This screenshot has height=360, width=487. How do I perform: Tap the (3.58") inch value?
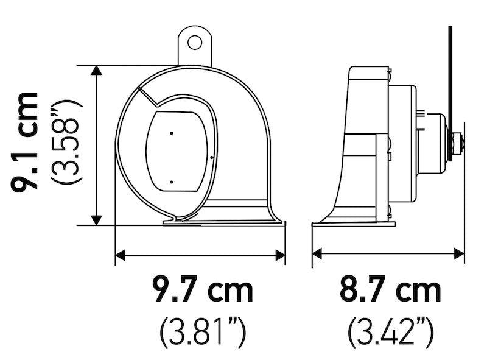[x=67, y=144]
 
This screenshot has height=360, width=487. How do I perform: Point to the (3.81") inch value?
[x=203, y=332]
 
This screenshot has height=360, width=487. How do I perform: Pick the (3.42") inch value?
[x=390, y=332]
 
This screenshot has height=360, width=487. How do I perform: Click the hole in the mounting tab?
[x=194, y=42]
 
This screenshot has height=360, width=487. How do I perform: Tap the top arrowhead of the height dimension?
[x=96, y=71]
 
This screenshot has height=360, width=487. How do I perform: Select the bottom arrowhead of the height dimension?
[x=96, y=219]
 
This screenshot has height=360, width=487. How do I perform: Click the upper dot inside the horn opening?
[x=172, y=132]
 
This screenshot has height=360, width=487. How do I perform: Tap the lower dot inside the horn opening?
[x=172, y=182]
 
